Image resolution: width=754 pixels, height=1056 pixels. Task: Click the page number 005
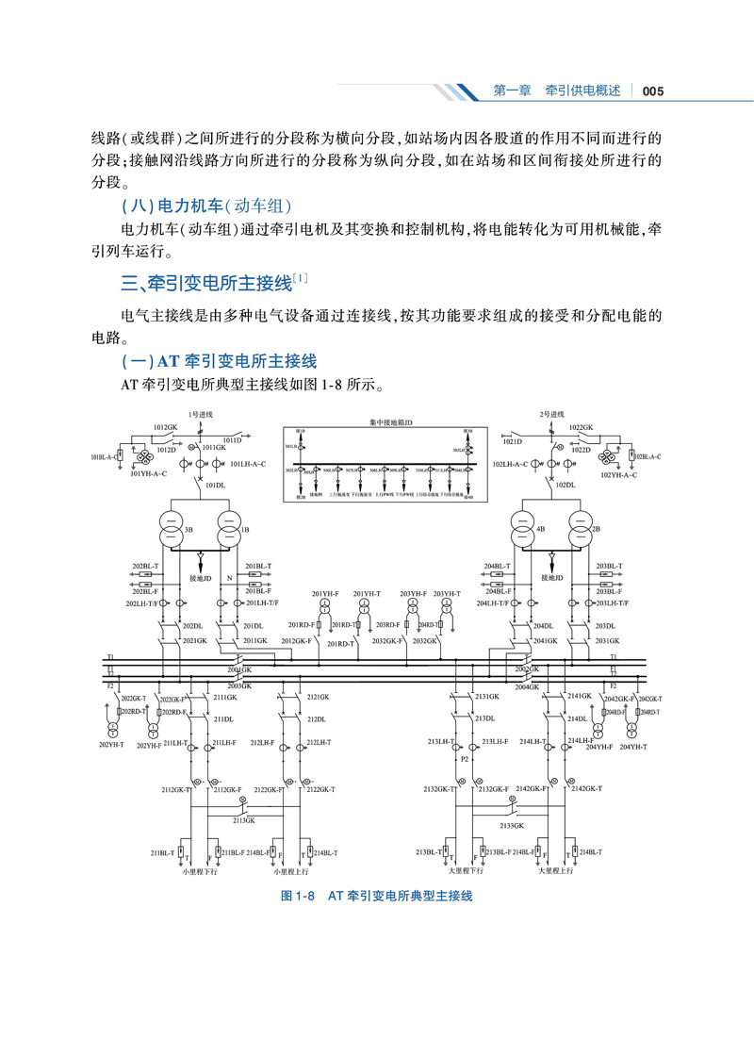(x=654, y=91)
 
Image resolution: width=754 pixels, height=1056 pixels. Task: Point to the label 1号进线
(x=201, y=415)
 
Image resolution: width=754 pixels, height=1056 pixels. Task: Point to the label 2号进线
(x=551, y=415)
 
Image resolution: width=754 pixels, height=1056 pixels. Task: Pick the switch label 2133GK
(x=512, y=825)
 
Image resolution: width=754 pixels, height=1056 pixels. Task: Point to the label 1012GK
(x=165, y=427)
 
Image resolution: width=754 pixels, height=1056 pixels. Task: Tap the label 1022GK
(x=582, y=427)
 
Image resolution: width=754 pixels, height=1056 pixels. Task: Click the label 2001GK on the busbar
(x=238, y=669)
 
